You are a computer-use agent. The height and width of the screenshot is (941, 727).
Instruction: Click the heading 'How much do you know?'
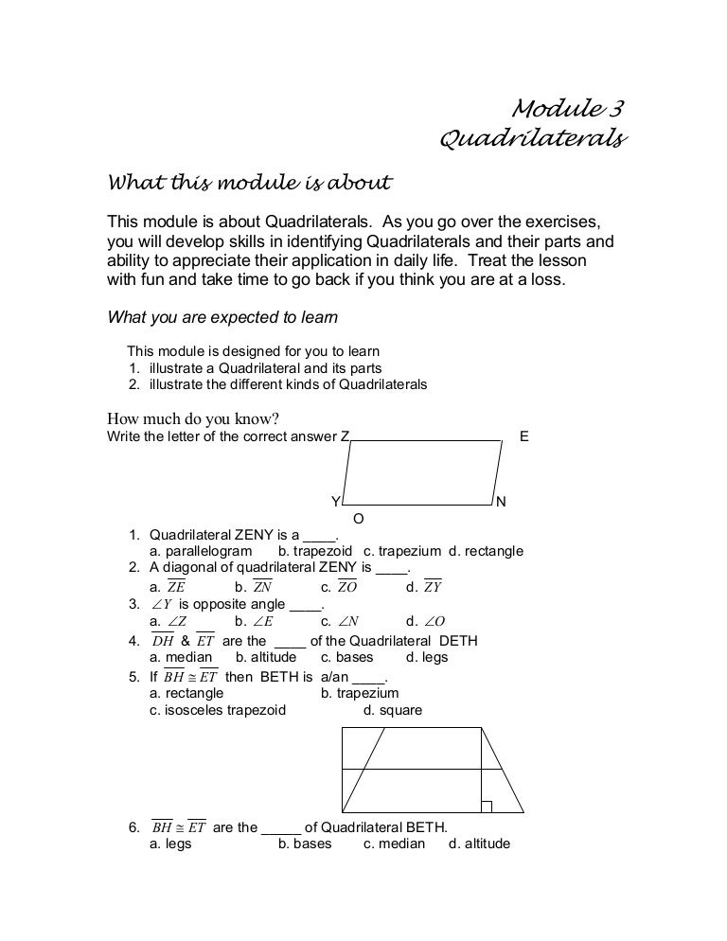195,419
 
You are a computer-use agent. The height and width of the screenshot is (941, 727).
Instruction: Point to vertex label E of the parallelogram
524,436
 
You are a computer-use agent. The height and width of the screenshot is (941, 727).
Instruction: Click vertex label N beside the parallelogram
501,502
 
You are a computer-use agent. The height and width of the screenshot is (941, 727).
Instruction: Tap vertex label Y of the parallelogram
334,502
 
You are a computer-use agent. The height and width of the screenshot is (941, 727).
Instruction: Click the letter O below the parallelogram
358,519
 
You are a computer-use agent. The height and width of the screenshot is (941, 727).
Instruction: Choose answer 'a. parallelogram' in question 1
201,551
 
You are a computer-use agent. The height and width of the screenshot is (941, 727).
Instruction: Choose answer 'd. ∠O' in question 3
425,622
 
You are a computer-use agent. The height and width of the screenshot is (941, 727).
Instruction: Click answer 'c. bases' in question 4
346,657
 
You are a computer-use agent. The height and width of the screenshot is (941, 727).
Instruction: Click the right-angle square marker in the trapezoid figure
486,807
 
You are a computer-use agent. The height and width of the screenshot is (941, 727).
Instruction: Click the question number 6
133,826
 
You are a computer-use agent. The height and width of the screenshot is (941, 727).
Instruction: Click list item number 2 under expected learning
133,385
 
